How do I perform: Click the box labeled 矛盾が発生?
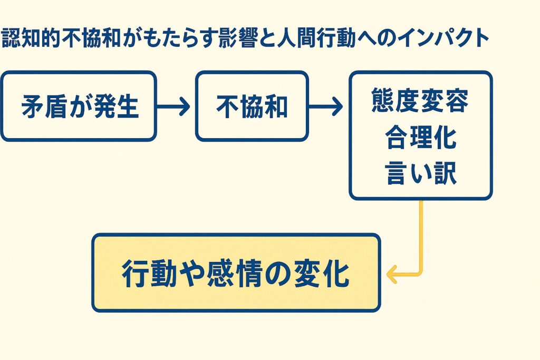click(79, 106)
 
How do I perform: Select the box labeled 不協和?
click(252, 106)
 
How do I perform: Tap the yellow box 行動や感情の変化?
click(236, 273)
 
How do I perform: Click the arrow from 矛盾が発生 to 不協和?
click(173, 106)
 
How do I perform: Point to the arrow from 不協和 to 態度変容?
click(325, 106)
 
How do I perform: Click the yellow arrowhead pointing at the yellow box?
click(392, 274)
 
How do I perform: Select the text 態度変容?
click(420, 101)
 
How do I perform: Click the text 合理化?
click(421, 137)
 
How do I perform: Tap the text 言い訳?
click(421, 173)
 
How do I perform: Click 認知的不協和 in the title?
click(61, 38)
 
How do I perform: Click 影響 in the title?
click(238, 38)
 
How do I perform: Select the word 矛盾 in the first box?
click(45, 106)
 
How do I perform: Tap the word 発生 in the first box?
click(116, 106)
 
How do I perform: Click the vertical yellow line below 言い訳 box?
click(421, 236)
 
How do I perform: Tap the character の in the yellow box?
click(278, 274)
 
